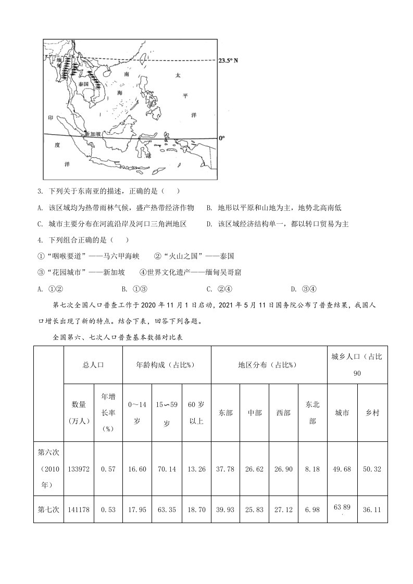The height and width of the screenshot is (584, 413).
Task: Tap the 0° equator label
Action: [x=221, y=138]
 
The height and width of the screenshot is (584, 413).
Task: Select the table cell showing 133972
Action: [x=79, y=469]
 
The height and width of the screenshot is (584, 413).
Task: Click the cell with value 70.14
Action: [x=167, y=469]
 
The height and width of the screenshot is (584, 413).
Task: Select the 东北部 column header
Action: [x=312, y=413]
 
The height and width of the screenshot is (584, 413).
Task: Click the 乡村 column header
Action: [x=372, y=413]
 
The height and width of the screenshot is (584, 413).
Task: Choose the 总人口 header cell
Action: [x=93, y=365]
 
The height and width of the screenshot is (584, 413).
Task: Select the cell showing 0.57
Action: [x=108, y=469]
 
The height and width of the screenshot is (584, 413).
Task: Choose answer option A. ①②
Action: [x=51, y=289]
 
